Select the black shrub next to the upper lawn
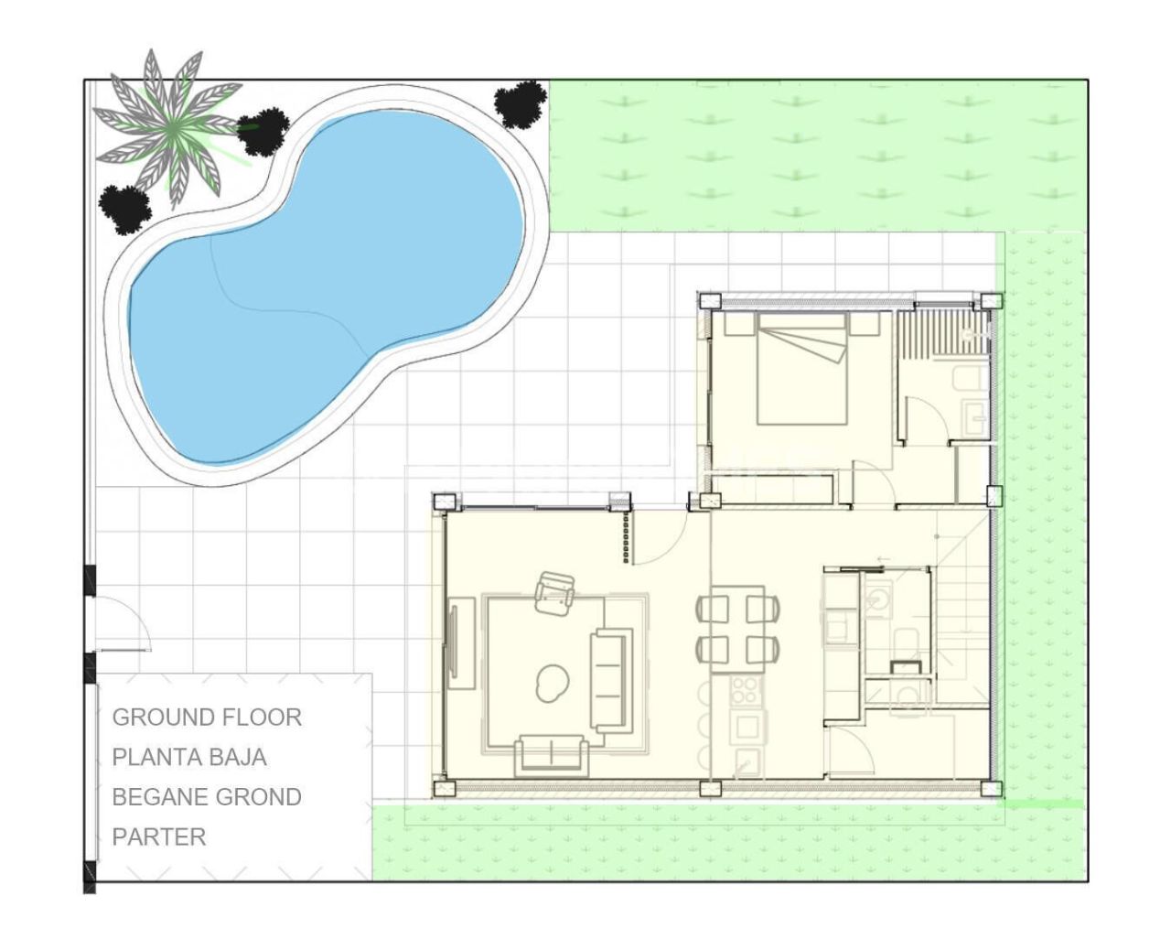point(521,103)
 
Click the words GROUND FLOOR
point(207,717)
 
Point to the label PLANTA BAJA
point(189,757)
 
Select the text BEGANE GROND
point(207,797)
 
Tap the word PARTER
point(159,836)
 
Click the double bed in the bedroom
point(801,371)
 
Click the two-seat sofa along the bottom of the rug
point(551,753)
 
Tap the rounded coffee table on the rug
point(553,682)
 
